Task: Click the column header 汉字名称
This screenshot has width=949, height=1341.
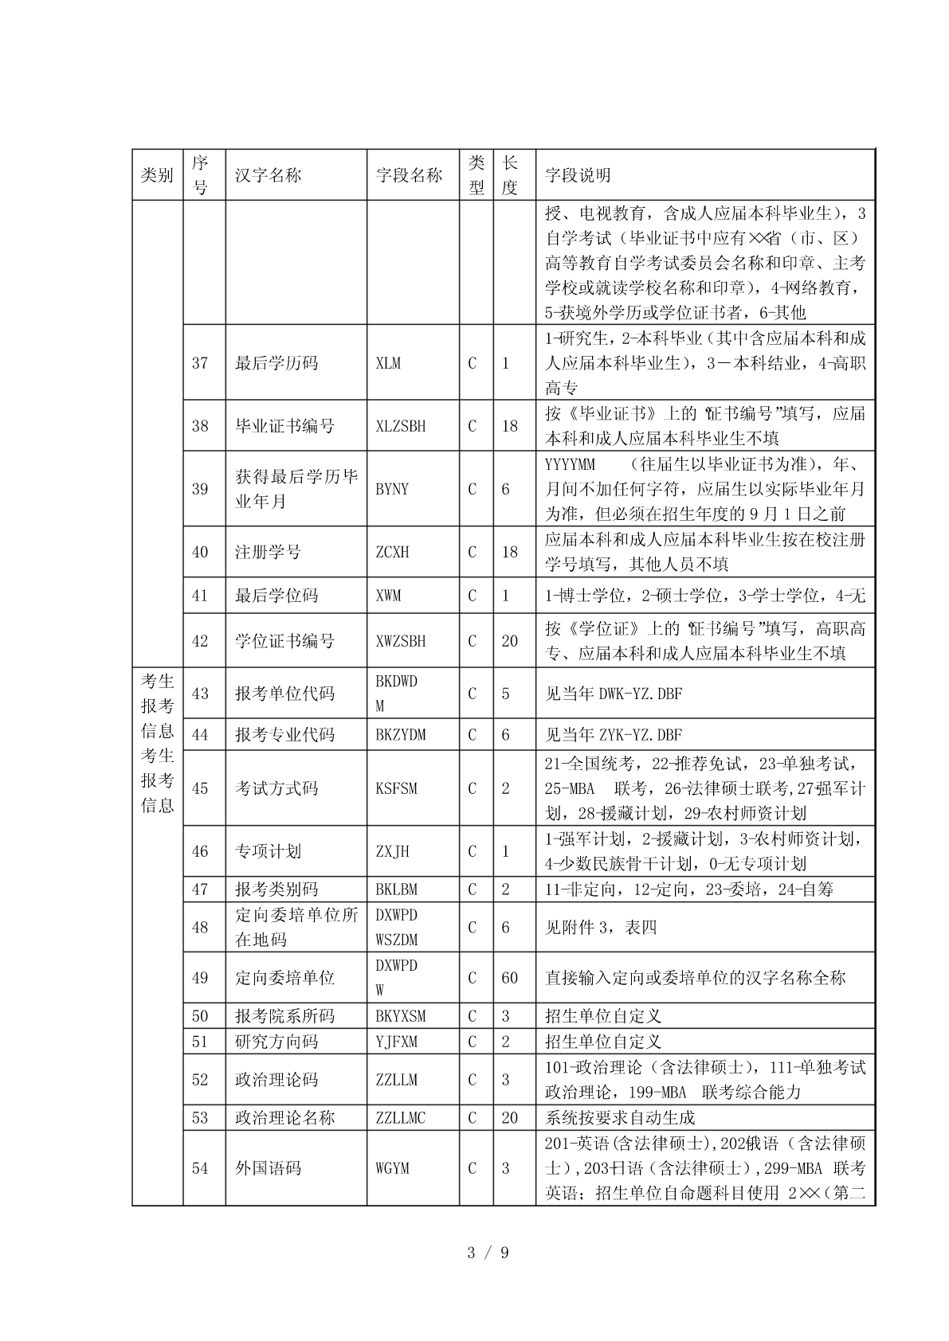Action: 268,175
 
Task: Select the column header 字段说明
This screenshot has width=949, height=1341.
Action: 578,175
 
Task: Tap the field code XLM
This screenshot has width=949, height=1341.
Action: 388,363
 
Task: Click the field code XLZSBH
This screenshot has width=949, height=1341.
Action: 400,426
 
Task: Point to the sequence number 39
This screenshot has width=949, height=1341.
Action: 200,489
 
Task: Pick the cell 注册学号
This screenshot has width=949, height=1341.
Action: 268,552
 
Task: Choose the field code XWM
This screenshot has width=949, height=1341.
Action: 388,596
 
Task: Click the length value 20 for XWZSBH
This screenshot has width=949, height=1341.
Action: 509,641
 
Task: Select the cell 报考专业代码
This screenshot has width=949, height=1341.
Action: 284,735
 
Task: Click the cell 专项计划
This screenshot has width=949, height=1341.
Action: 268,851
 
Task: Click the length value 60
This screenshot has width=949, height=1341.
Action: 509,978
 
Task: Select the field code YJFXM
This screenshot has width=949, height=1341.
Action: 396,1042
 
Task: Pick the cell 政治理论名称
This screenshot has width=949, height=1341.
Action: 284,1118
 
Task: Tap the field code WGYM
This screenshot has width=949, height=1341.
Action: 392,1168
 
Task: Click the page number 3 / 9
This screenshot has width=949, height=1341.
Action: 487,1253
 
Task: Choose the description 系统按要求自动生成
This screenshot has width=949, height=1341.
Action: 620,1118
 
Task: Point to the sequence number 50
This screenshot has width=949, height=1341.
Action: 200,1016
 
